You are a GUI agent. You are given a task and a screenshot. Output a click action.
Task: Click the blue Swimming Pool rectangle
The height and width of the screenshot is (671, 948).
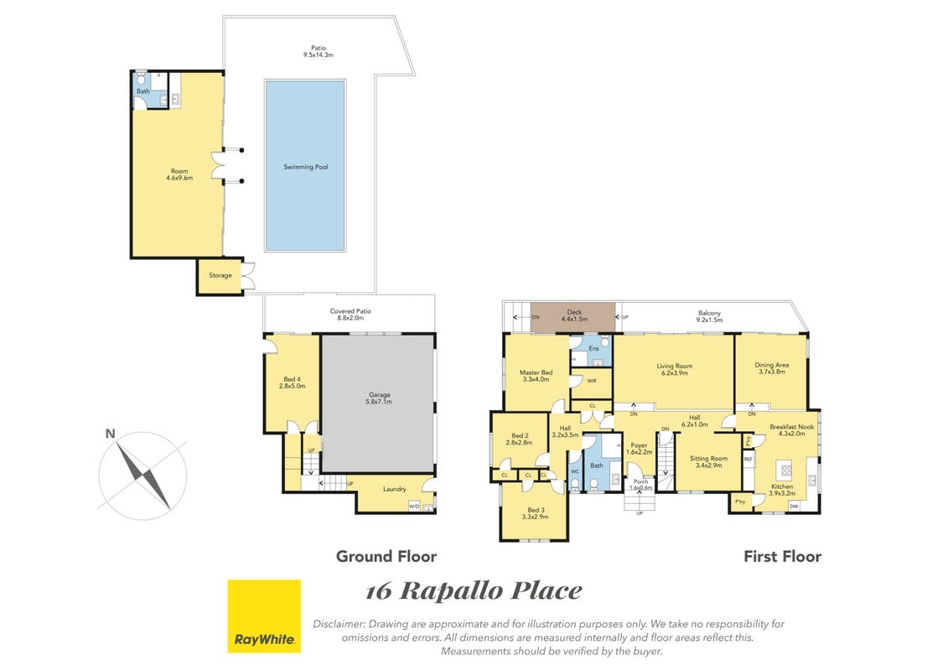tap(305, 165)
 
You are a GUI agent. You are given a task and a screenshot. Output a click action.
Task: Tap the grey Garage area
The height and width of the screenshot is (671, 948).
tap(378, 403)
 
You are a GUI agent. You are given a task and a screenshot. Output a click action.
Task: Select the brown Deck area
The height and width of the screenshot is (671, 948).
tap(573, 317)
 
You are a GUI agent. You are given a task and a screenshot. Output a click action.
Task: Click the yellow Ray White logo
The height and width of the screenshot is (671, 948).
tap(264, 616)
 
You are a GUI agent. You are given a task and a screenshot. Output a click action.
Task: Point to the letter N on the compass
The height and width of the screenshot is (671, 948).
tap(110, 434)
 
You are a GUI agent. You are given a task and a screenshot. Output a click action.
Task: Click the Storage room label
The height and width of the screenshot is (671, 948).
tap(220, 275)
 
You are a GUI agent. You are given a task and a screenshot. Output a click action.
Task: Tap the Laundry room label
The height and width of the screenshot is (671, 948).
tap(394, 489)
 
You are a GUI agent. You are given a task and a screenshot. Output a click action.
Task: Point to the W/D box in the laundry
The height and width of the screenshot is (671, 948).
tap(414, 507)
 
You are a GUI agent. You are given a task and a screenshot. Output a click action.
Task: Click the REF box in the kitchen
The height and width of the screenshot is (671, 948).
tap(749, 460)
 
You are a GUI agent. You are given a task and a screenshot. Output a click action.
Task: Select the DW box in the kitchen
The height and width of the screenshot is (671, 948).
tap(794, 507)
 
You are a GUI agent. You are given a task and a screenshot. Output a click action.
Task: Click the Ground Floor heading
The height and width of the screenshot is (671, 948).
tap(386, 556)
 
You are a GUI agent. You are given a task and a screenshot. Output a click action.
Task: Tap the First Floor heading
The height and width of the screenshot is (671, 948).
tap(782, 556)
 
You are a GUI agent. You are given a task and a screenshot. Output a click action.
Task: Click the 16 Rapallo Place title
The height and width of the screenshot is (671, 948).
tap(474, 590)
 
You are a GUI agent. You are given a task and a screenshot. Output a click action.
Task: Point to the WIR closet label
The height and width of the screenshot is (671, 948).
tap(591, 381)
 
